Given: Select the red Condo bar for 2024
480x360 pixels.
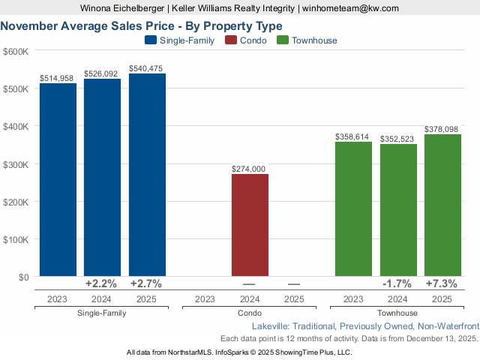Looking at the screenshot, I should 250,225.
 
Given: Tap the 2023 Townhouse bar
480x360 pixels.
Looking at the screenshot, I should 353,209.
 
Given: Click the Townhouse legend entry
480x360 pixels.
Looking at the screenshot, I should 307,40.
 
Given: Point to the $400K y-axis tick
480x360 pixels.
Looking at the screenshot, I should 16,127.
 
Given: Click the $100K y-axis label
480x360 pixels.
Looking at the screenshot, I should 16,240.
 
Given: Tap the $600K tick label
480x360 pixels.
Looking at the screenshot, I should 16,51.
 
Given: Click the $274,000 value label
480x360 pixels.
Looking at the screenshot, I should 250,169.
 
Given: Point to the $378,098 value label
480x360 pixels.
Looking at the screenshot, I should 442,129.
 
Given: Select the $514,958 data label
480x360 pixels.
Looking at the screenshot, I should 58,78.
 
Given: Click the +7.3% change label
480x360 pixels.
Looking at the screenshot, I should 442,284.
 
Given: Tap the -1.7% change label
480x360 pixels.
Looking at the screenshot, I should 397,284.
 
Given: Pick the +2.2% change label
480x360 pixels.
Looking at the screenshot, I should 102,284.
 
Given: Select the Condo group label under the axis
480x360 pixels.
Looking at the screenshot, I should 250,313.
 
